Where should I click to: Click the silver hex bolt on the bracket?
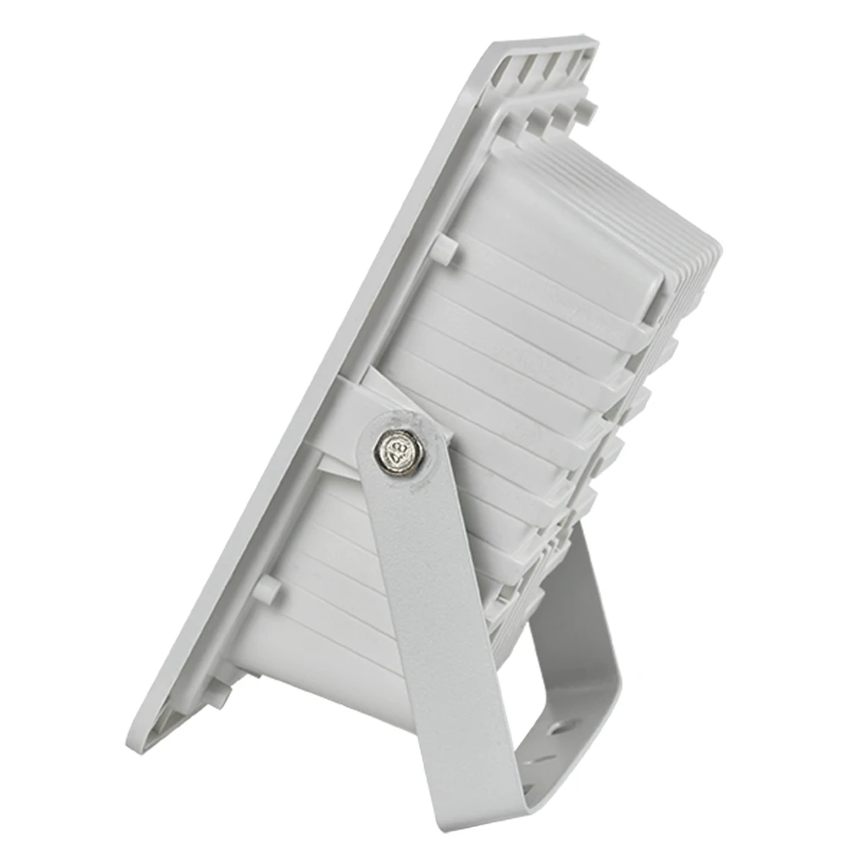400,448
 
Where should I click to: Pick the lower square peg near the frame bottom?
267,589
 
